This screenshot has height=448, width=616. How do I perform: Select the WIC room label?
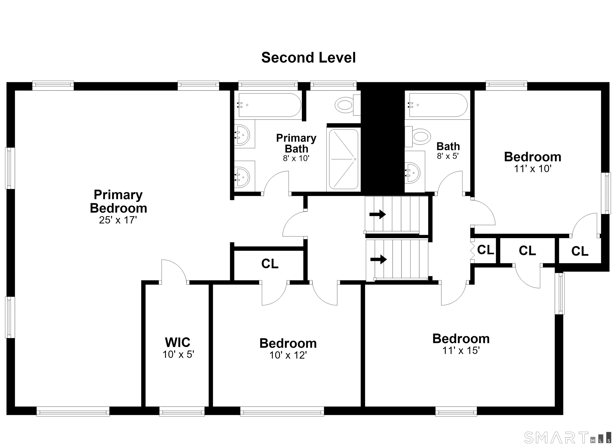178,342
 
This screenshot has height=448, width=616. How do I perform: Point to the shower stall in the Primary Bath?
343,159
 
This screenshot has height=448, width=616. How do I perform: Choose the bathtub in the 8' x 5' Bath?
437,105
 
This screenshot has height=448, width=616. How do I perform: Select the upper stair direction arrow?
378,214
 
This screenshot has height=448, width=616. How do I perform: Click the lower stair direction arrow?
379,259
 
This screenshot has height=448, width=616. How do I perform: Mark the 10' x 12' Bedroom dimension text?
288,355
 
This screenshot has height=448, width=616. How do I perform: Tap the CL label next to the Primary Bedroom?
270,264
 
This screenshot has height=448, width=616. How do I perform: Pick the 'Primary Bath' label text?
296,143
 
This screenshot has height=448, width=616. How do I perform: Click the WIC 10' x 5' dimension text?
178,355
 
